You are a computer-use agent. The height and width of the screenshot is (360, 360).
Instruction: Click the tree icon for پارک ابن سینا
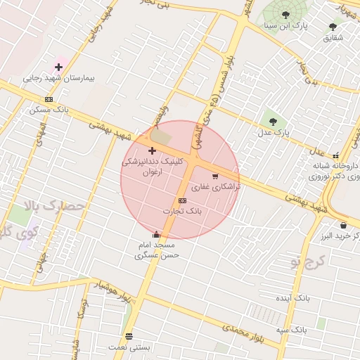coord(285,14)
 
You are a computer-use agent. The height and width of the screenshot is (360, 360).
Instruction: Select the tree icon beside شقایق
coord(333,27)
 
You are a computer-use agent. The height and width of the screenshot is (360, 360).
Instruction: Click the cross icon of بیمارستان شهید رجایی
coord(58,67)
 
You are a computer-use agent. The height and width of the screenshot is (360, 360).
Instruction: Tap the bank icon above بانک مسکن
coord(49,99)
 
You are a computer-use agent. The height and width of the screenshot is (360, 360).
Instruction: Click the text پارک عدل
coord(272,132)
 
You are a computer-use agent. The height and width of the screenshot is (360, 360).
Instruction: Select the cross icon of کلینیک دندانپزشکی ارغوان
coord(152,150)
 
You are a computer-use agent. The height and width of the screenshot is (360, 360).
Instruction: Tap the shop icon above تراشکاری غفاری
coord(214,176)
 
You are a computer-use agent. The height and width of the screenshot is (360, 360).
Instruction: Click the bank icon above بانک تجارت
coord(183,200)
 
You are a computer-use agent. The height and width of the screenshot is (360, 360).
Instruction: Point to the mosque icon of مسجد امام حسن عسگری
coord(156,234)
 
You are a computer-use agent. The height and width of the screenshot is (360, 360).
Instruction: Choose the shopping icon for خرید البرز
coord(342,225)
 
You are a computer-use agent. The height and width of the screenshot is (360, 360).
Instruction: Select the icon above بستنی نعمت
coord(128,336)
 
